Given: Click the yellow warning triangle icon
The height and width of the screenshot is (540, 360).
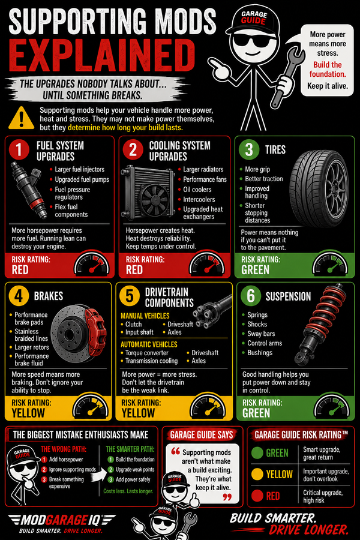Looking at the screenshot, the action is (22, 118).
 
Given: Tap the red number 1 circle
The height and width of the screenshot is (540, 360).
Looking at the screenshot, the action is (19, 149).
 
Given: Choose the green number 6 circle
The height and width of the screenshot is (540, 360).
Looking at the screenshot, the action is (251, 295).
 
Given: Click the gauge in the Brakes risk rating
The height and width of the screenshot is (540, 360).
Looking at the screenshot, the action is (91, 406).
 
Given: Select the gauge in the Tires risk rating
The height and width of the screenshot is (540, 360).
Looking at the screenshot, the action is (330, 264).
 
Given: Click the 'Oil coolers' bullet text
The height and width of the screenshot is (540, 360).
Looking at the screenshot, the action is (197, 190).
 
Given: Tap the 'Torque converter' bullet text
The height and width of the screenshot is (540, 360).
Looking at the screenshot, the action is (147, 353).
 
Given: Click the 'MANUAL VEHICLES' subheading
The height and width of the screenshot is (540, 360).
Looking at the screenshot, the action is (145, 316).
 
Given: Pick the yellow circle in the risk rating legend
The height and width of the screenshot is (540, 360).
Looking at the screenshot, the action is (257, 474).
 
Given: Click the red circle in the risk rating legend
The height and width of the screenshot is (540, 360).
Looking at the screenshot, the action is (257, 496).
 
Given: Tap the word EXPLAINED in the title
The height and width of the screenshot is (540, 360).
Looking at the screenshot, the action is (102, 55).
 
